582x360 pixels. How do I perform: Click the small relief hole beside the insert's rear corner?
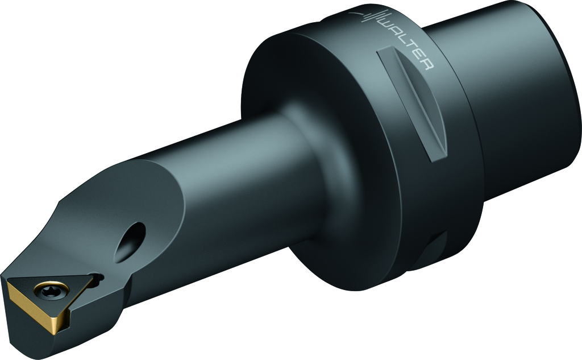click(x=98, y=277)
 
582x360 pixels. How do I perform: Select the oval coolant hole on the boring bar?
click(x=131, y=242)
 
